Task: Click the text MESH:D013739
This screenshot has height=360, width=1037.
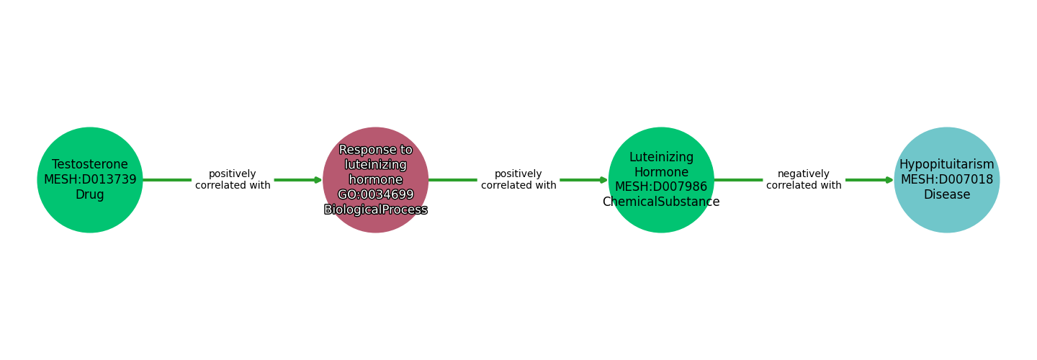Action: [90, 180]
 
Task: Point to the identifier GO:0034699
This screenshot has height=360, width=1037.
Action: [375, 194]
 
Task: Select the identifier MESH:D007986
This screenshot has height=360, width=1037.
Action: [661, 187]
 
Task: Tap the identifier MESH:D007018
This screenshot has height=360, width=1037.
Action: [946, 180]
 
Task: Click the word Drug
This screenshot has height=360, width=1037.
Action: [90, 195]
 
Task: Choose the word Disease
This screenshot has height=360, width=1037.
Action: [946, 195]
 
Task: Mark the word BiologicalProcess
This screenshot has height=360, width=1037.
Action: [375, 210]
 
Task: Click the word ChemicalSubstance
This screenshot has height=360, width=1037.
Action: [661, 202]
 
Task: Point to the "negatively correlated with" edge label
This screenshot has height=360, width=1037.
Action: [804, 180]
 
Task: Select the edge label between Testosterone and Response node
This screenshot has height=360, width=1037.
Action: [233, 180]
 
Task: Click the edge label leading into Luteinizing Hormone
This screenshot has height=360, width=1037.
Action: [518, 180]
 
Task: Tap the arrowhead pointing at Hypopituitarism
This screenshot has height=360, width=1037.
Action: [890, 180]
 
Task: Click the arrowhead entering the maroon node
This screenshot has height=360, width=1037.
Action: [318, 180]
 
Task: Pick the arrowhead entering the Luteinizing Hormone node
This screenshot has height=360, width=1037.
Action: [604, 180]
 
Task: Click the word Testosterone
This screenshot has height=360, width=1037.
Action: [90, 165]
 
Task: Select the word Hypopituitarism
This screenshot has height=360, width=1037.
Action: [946, 165]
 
